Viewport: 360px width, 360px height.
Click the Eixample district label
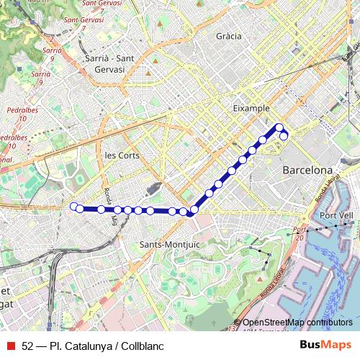251,108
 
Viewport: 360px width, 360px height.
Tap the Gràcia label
228,35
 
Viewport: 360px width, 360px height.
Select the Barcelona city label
306,171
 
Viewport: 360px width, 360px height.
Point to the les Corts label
122,156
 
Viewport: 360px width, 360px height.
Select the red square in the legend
10,346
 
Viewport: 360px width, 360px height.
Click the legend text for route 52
93,346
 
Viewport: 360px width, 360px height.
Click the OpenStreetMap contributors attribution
297,322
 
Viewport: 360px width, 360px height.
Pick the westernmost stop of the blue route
73,207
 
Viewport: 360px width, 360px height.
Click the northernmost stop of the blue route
279,128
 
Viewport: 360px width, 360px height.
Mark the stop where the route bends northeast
188,212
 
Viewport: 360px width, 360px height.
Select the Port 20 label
300,234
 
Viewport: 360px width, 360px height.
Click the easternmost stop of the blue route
284,136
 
